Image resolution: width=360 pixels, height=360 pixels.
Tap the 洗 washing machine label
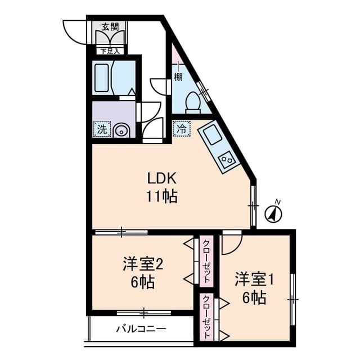point(102,129)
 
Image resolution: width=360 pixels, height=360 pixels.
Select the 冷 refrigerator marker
point(181,128)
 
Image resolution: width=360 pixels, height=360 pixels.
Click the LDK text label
point(163,179)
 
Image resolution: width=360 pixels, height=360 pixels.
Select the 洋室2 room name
point(143,263)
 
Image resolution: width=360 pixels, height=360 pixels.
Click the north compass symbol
point(273,213)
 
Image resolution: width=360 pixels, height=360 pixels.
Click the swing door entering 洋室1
point(231,241)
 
